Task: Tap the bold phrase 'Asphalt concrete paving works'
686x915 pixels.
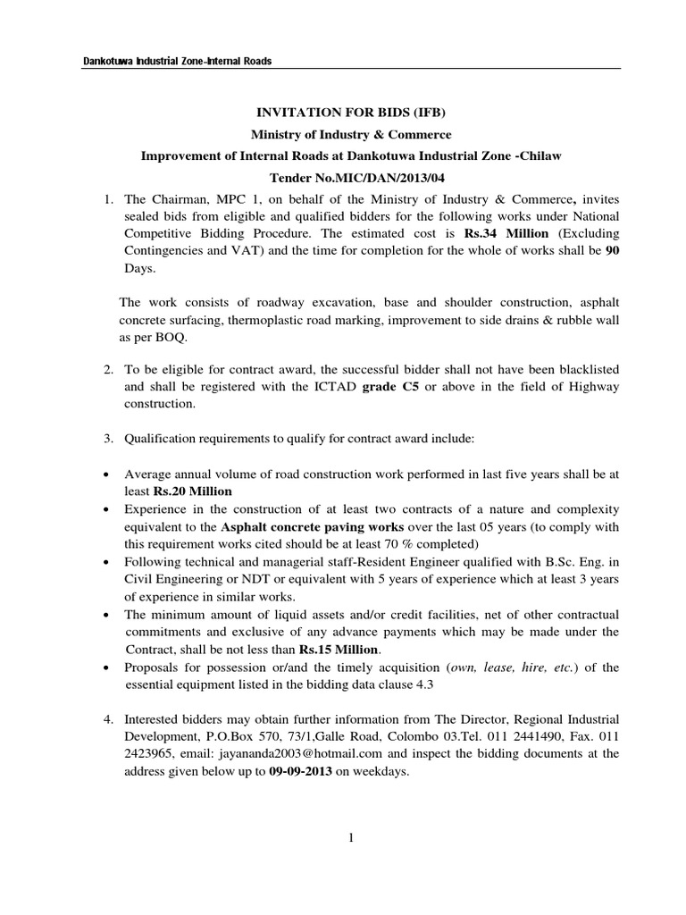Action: tap(292, 525)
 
